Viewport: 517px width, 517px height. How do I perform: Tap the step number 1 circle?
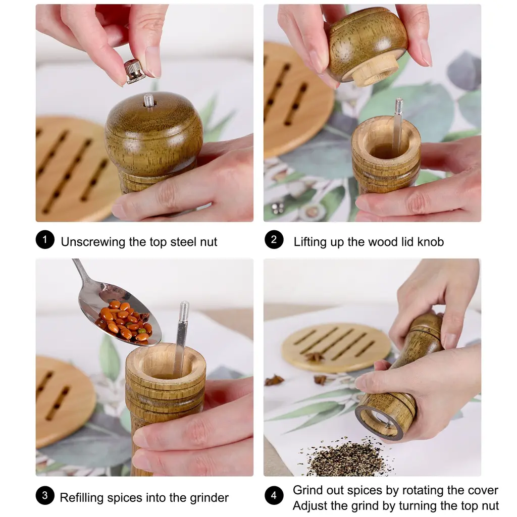click(x=45, y=240)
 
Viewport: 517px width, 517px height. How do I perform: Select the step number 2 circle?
click(x=274, y=240)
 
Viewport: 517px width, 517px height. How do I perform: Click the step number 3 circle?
click(x=45, y=495)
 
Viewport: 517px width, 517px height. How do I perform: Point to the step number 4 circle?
click(x=274, y=495)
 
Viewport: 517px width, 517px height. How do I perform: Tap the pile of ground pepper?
click(x=348, y=456)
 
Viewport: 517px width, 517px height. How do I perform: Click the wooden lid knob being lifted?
click(x=368, y=46)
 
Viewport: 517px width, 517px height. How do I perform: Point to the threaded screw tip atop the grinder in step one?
click(x=149, y=100)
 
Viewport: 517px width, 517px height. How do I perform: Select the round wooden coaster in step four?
click(x=336, y=347)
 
